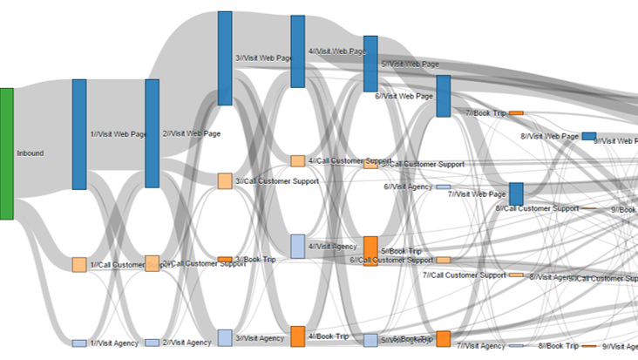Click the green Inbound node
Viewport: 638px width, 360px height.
(x=6, y=153)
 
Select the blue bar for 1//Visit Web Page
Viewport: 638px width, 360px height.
(x=79, y=134)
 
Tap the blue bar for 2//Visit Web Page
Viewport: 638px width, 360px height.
(x=152, y=133)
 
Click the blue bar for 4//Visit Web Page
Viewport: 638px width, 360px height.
(x=297, y=51)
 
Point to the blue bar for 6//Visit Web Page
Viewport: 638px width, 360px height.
(x=443, y=96)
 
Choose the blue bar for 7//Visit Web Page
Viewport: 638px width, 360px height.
(x=515, y=194)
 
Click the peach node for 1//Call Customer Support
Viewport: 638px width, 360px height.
(x=79, y=265)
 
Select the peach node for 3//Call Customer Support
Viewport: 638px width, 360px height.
(x=225, y=180)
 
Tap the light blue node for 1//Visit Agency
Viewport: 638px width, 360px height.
(x=79, y=343)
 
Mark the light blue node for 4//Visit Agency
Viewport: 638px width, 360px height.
(x=297, y=246)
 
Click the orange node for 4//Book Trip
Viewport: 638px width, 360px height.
(x=297, y=336)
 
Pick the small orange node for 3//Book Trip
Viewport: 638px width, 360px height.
(x=225, y=259)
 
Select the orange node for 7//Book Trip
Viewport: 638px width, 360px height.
(x=516, y=113)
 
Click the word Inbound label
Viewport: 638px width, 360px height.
(x=31, y=153)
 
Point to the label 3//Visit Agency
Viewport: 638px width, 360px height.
(x=260, y=338)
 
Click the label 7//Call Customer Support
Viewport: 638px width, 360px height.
(x=464, y=275)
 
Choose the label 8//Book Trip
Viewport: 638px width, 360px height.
(x=559, y=346)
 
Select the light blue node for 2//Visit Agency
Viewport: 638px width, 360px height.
(x=152, y=343)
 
